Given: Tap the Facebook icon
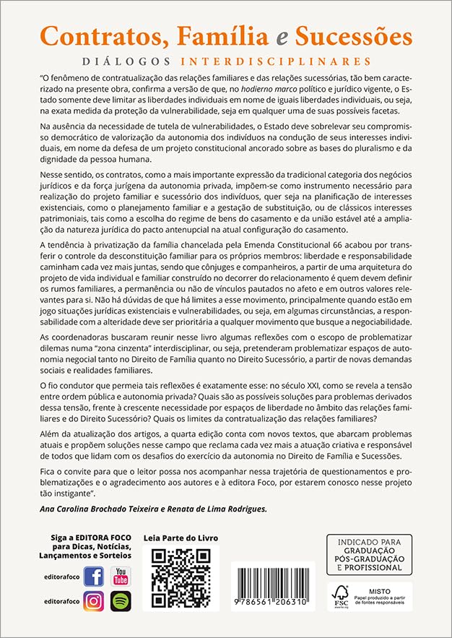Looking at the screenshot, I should tap(94, 577).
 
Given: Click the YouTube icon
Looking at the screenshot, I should tap(121, 577).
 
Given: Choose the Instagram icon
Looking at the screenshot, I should tap(94, 601).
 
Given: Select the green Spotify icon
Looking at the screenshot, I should tap(121, 601).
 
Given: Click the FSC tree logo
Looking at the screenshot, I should tap(339, 595).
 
